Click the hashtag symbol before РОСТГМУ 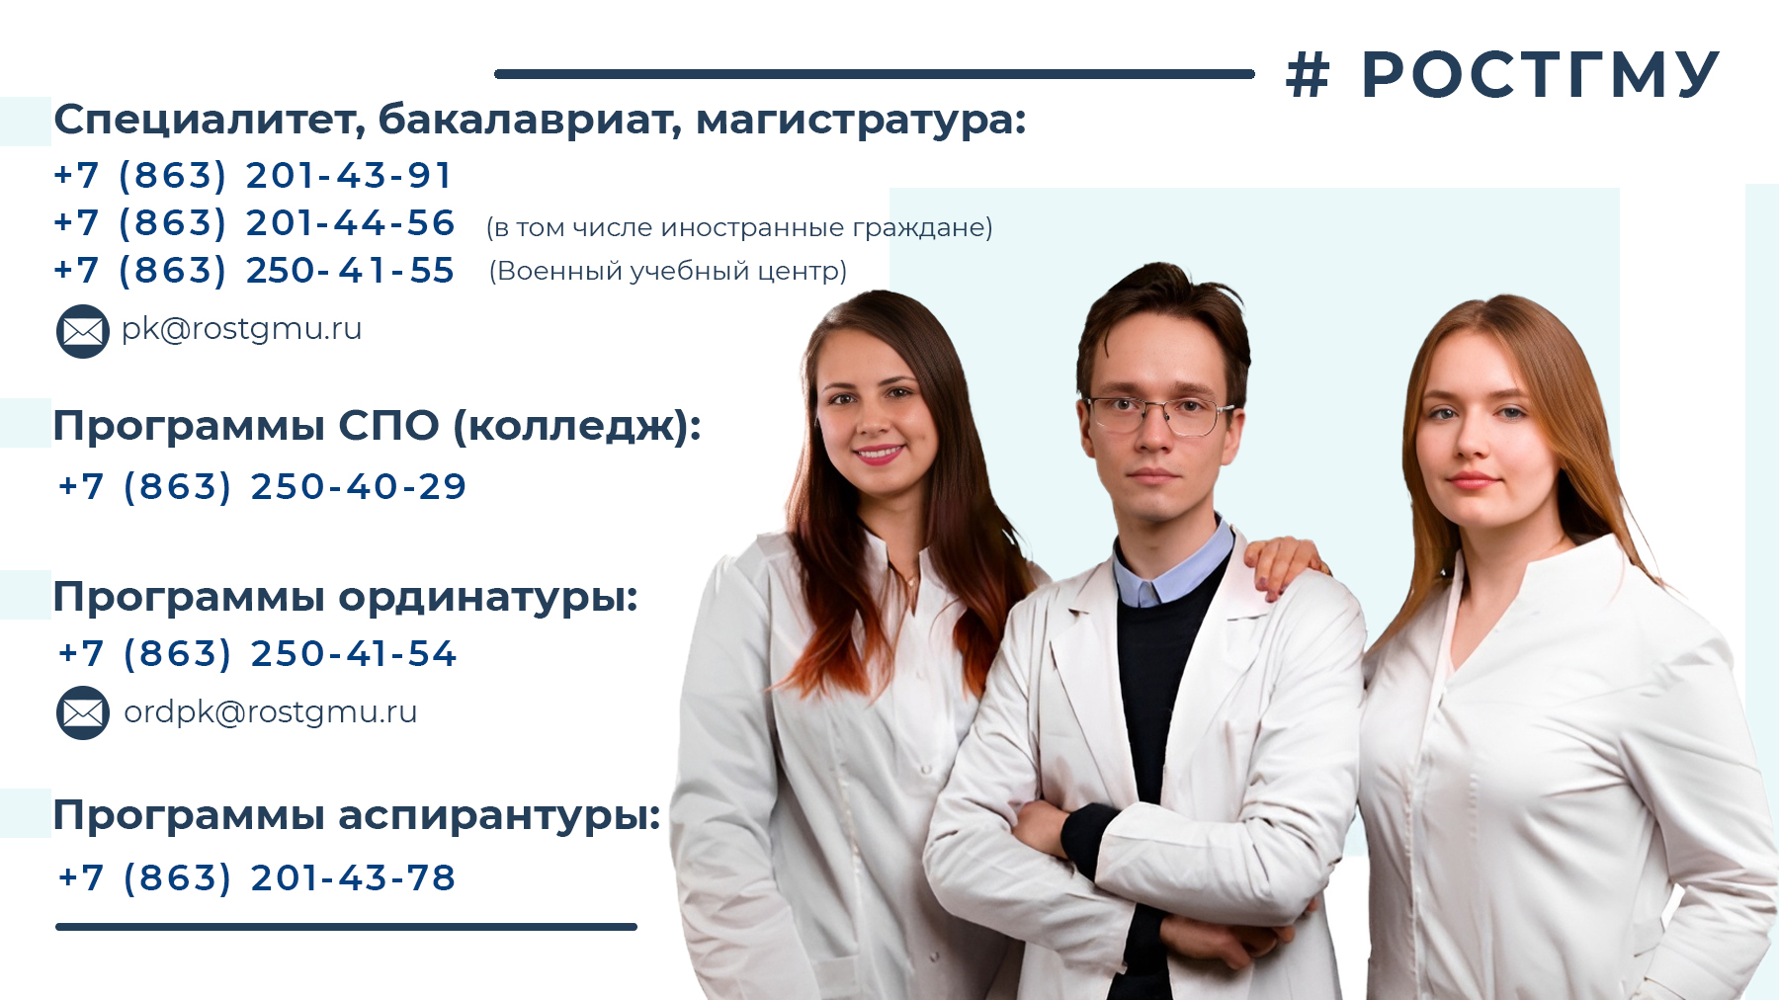1308,75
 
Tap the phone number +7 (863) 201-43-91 253,176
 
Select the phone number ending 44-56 254,223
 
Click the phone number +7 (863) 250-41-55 254,271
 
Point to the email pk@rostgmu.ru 241,329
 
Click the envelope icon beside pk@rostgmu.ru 83,331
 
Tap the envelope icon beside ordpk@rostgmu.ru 83,713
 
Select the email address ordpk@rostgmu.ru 270,712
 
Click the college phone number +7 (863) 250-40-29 262,487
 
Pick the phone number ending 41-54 257,654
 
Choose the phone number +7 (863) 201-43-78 257,878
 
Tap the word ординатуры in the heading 488,598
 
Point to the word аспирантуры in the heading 499,816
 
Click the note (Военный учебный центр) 668,271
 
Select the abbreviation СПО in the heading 388,426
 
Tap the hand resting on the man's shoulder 1286,565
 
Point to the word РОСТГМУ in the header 1541,75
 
